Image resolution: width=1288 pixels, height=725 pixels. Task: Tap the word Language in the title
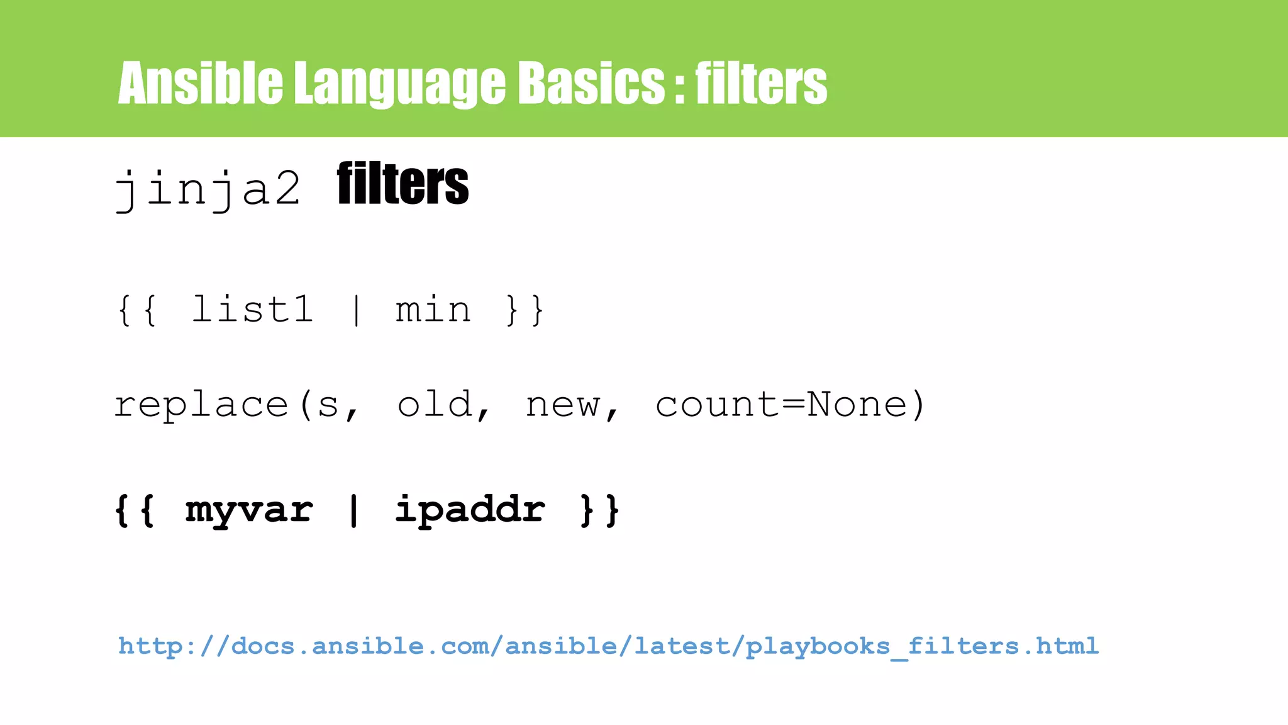[399, 84]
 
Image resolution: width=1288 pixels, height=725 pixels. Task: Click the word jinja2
[208, 188]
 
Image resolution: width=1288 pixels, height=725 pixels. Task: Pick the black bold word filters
[402, 184]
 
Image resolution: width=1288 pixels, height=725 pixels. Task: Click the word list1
[252, 309]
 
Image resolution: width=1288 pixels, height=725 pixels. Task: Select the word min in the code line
[433, 310]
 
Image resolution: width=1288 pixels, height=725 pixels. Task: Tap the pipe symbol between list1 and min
[357, 310]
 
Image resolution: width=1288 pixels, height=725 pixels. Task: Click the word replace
[201, 405]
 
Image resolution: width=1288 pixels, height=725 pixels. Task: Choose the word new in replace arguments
[563, 405]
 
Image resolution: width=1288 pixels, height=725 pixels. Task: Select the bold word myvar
[249, 510]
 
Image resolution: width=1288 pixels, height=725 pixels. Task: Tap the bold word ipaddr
[470, 510]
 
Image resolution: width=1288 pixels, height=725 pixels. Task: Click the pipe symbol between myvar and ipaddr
[353, 510]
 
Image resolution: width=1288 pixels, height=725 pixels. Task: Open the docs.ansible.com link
[608, 646]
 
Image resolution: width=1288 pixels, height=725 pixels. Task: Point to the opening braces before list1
[136, 310]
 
